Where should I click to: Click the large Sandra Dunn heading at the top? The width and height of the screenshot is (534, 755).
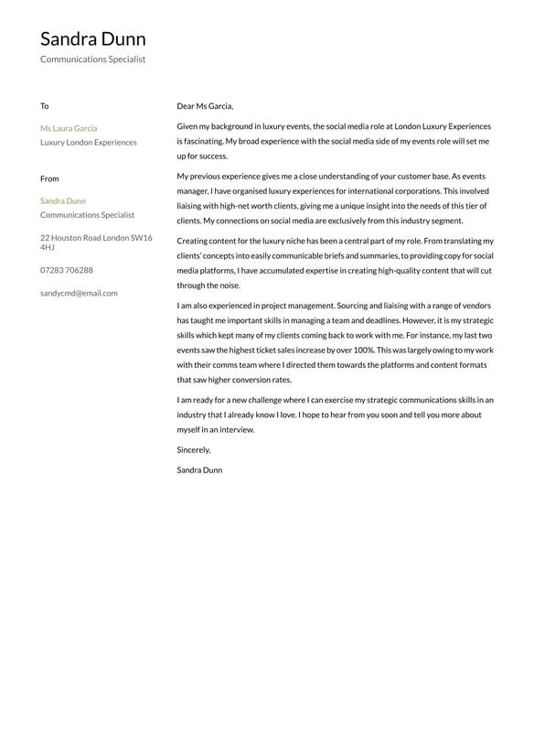click(x=92, y=38)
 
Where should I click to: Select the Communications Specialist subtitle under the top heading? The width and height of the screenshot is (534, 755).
click(x=92, y=59)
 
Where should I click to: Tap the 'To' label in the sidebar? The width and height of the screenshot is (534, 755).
click(x=44, y=106)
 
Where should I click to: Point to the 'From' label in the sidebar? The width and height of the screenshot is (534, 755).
click(x=49, y=178)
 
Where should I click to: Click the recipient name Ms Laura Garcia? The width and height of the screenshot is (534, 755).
click(x=69, y=128)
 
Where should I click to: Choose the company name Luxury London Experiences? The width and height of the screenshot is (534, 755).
click(x=89, y=143)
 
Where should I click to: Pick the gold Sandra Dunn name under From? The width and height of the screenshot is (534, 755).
click(x=63, y=200)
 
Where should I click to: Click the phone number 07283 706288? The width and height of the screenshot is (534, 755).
click(x=66, y=270)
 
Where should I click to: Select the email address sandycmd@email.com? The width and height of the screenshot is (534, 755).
click(x=79, y=293)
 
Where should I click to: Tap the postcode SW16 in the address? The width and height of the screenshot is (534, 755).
click(x=141, y=238)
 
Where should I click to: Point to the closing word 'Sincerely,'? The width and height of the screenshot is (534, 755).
click(x=194, y=449)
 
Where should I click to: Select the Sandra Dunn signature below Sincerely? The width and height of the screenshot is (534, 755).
click(x=199, y=469)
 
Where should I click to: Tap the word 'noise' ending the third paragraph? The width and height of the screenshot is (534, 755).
click(x=228, y=286)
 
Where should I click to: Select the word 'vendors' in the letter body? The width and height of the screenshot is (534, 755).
click(x=475, y=306)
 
